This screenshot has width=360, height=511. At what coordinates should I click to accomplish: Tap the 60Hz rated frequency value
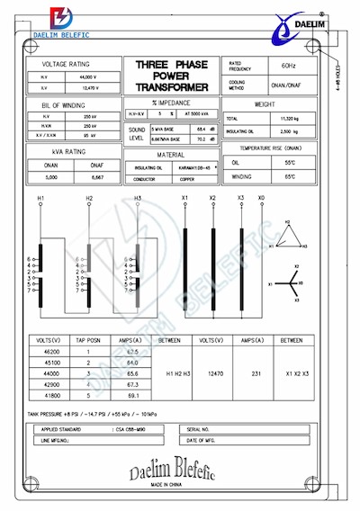288,67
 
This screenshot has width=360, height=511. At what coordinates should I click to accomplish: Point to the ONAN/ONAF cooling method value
288,87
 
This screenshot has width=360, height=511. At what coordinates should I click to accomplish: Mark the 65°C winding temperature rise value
291,176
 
